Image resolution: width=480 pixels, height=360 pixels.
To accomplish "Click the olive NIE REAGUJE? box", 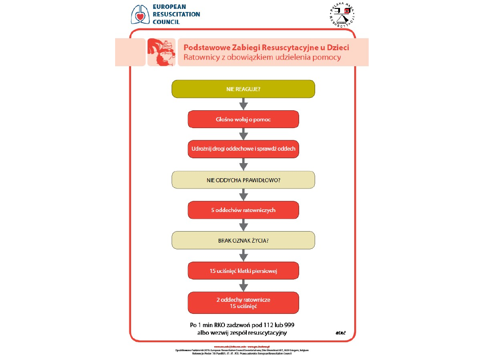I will pyautogui.click(x=243, y=88).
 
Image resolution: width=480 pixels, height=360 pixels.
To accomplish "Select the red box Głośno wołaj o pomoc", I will pyautogui.click(x=243, y=119).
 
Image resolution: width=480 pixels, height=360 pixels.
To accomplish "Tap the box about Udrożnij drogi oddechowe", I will pyautogui.click(x=243, y=149).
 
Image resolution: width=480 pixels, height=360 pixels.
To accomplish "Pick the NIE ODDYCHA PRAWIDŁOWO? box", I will pyautogui.click(x=243, y=180).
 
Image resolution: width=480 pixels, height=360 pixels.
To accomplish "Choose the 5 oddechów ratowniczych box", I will pyautogui.click(x=243, y=210).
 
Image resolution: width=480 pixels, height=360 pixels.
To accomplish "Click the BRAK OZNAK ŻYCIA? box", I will pyautogui.click(x=243, y=240).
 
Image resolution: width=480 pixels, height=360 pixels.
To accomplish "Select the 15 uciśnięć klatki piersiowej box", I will pyautogui.click(x=243, y=271).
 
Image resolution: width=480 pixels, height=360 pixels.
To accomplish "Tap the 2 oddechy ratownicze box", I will pyautogui.click(x=243, y=303).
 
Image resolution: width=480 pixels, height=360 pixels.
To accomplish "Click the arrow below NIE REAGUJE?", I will pyautogui.click(x=243, y=104).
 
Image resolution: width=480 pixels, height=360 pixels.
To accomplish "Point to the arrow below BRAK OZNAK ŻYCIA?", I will pyautogui.click(x=243, y=256).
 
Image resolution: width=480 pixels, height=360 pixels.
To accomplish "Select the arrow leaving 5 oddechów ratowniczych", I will pyautogui.click(x=243, y=225).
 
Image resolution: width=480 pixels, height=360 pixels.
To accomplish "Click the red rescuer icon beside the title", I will pyautogui.click(x=161, y=52).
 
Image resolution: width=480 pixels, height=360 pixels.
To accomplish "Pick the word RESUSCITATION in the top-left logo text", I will pyautogui.click(x=176, y=14).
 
